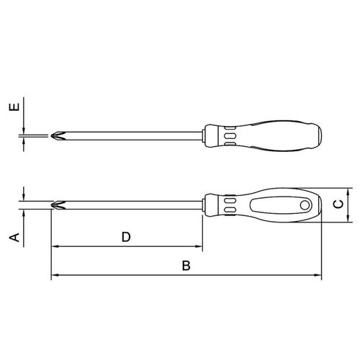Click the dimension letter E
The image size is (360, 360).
pos(14,107)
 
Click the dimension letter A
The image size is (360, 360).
pos(14,237)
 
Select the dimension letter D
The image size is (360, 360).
pos(126,237)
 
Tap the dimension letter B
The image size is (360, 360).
pos(186,266)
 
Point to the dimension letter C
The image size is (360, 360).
pos(338,204)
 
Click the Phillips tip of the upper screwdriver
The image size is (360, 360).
pos(58,136)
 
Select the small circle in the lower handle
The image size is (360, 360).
pos(305,205)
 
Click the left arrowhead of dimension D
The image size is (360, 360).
pos(55,246)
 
